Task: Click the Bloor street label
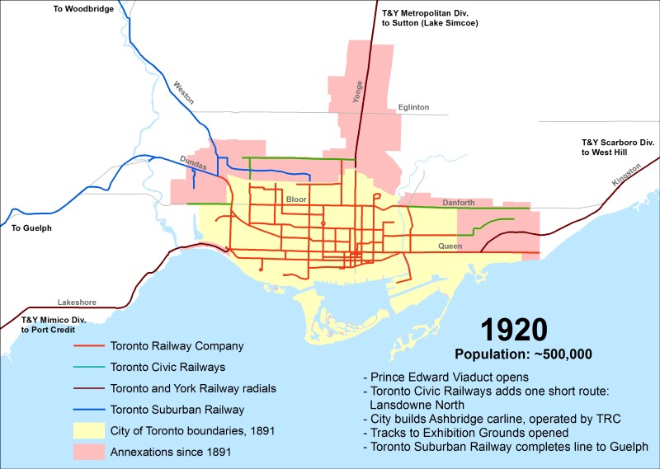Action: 295,200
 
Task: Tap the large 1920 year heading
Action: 514,330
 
